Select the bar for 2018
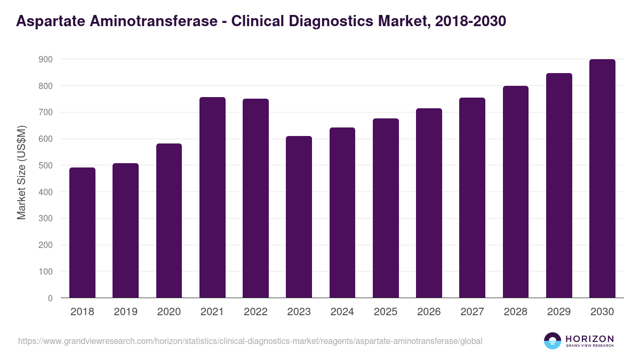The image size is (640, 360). coord(82,233)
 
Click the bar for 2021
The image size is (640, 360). coord(212,197)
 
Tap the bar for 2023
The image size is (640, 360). coord(299,217)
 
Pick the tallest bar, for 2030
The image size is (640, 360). coord(602,179)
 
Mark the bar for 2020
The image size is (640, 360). coord(169,221)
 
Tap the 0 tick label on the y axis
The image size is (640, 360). coord(50,298)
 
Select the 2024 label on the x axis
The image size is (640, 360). coord(342,312)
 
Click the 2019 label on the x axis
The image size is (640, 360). coord(125,312)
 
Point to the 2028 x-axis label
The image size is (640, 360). coord(515,312)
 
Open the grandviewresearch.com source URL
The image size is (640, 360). coord(250,341)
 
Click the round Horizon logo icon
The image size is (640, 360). coord(553,341)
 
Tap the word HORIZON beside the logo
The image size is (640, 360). coord(589,339)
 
